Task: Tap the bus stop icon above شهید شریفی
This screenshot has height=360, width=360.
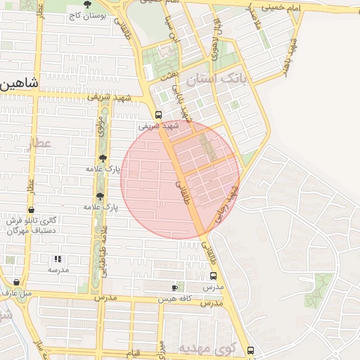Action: [x=158, y=115]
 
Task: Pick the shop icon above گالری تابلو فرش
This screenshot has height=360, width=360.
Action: [x=32, y=211]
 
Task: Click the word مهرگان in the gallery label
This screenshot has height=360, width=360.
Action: [x=15, y=231]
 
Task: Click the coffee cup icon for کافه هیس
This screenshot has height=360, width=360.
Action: [x=175, y=288]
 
